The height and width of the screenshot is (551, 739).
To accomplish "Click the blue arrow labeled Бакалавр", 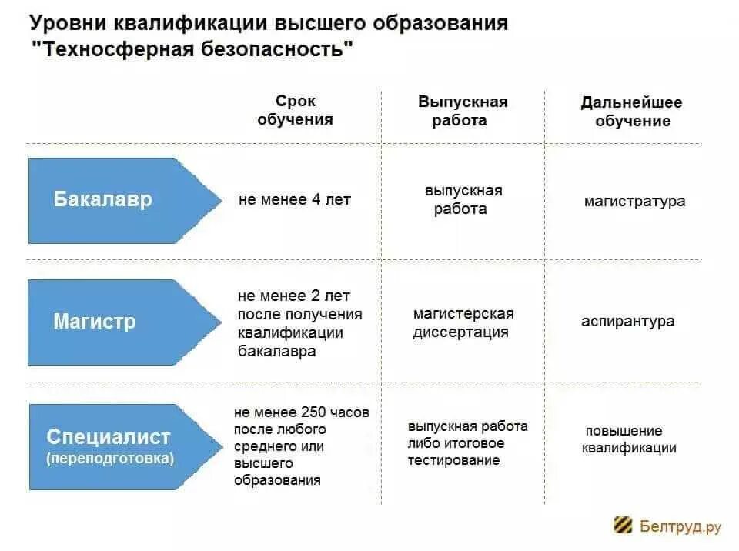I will pyautogui.click(x=115, y=200).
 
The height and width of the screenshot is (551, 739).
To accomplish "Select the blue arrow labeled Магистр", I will pyautogui.click(x=115, y=322).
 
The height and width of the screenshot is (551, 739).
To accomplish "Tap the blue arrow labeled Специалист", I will pyautogui.click(x=115, y=446).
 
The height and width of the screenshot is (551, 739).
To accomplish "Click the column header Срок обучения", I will pyautogui.click(x=296, y=110).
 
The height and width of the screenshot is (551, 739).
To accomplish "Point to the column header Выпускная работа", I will pyautogui.click(x=463, y=111).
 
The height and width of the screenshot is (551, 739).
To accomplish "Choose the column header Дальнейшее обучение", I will pyautogui.click(x=631, y=112).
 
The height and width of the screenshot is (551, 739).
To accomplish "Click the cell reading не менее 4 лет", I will pyautogui.click(x=295, y=200).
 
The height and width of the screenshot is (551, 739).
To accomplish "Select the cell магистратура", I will pyautogui.click(x=634, y=202).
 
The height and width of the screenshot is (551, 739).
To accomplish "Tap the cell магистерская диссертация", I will pyautogui.click(x=463, y=323).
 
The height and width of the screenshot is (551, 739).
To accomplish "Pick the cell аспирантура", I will pyautogui.click(x=627, y=322).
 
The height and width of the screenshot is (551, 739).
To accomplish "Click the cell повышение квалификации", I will pyautogui.click(x=628, y=439).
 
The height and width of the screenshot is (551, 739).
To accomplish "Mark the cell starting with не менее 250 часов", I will pyautogui.click(x=301, y=446).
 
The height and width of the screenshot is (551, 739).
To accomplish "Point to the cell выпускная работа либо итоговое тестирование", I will pyautogui.click(x=467, y=443).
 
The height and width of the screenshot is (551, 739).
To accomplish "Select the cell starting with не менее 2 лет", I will pyautogui.click(x=299, y=323).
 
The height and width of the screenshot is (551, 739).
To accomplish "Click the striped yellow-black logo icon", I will pyautogui.click(x=623, y=526).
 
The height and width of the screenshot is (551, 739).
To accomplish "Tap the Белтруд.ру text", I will pyautogui.click(x=680, y=526).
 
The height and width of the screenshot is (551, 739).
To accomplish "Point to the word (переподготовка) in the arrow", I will pyautogui.click(x=109, y=459).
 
